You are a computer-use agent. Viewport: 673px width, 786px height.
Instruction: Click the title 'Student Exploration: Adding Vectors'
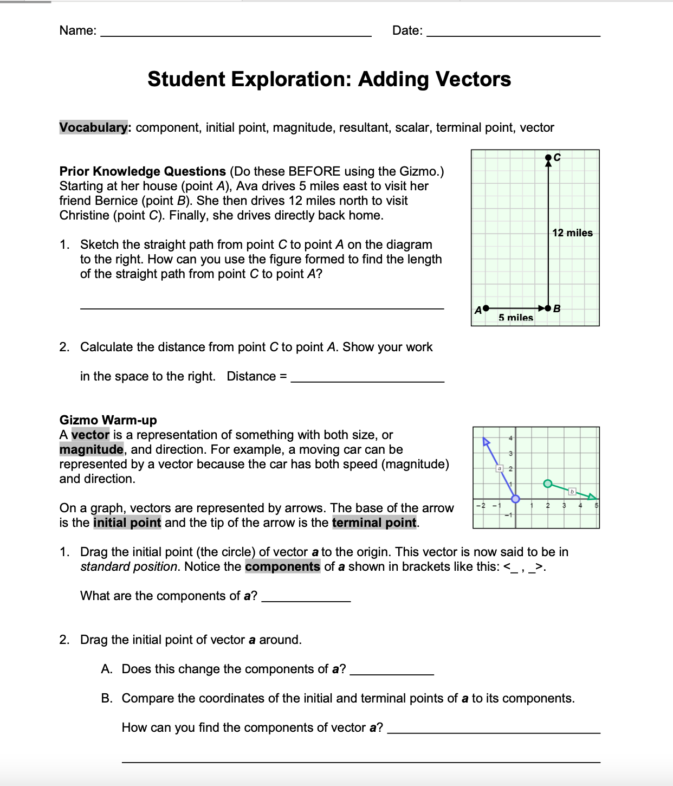pyautogui.click(x=329, y=79)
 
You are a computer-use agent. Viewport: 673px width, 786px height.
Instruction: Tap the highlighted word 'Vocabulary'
pyautogui.click(x=94, y=127)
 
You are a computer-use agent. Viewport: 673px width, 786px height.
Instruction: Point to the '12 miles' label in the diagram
pyautogui.click(x=572, y=233)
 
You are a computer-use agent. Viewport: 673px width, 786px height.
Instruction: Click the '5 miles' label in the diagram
pyautogui.click(x=515, y=318)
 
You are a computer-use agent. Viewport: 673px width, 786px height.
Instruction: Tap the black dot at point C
pyautogui.click(x=548, y=158)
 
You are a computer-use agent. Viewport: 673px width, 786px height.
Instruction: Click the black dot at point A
pyautogui.click(x=486, y=308)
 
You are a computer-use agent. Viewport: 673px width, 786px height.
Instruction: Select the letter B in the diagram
pyautogui.click(x=557, y=308)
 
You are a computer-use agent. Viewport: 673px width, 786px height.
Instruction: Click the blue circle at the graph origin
pyautogui.click(x=515, y=499)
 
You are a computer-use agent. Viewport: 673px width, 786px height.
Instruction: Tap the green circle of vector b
pyautogui.click(x=548, y=483)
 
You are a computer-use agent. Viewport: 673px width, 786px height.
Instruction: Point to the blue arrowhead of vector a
pyautogui.click(x=486, y=442)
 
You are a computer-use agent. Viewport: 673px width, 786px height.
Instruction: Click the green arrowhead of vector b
pyautogui.click(x=592, y=496)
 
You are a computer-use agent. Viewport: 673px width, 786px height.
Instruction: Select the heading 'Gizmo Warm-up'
pyautogui.click(x=108, y=420)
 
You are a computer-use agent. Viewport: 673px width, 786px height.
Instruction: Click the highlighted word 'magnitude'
pyautogui.click(x=91, y=449)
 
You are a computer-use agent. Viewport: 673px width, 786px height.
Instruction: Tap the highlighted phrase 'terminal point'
pyautogui.click(x=374, y=523)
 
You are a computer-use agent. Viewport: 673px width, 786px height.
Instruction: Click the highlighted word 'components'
pyautogui.click(x=282, y=566)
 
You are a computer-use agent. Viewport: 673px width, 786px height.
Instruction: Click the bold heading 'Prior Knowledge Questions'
pyautogui.click(x=143, y=171)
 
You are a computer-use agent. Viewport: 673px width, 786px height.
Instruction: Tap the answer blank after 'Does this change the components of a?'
pyautogui.click(x=392, y=672)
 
